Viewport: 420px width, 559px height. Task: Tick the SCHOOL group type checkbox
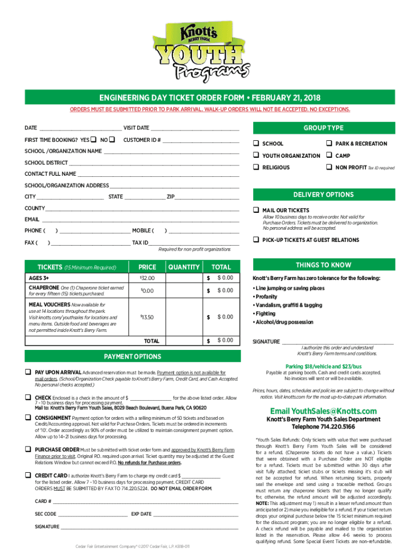[x=255, y=144]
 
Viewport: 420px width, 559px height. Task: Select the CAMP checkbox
[x=329, y=156]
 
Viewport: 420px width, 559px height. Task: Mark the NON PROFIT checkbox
[x=329, y=168]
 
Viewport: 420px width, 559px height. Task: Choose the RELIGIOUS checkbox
[x=255, y=168]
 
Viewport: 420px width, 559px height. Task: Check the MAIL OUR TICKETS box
[x=255, y=210]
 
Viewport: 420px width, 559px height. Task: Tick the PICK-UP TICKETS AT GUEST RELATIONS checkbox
[x=255, y=240]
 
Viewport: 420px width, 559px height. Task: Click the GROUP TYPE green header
[x=323, y=128]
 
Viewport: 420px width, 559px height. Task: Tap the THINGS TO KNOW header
[x=323, y=265]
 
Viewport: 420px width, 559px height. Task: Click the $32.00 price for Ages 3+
[x=147, y=279]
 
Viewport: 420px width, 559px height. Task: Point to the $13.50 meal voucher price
[x=147, y=317]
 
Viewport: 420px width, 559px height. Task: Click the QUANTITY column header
[x=184, y=267]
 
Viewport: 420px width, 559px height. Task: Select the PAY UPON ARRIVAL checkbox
[x=27, y=371]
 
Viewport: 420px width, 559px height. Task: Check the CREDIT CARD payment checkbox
[x=27, y=475]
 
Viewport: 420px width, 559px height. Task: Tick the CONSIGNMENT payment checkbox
[x=27, y=417]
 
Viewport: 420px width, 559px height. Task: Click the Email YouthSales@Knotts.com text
[x=323, y=411]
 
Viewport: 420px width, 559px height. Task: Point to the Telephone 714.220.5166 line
[x=323, y=427]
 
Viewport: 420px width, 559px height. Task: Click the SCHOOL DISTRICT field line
[x=153, y=163]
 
